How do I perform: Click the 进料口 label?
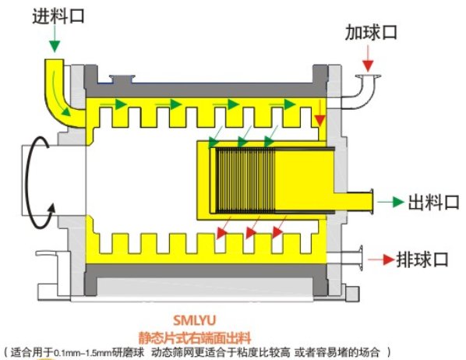tap(58, 16)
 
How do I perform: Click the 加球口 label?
tap(371, 33)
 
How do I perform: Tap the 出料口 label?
tap(433, 203)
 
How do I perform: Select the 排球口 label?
tap(422, 259)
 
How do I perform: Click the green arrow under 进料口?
tap(55, 39)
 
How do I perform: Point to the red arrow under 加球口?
tap(368, 58)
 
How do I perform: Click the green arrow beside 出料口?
tap(391, 202)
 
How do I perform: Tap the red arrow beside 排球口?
tap(381, 259)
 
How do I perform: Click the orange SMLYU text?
tap(194, 320)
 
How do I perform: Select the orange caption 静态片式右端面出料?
tap(195, 337)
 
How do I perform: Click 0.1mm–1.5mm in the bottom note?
tap(83, 353)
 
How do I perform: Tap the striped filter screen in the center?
tap(245, 180)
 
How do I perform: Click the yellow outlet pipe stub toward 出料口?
tap(353, 201)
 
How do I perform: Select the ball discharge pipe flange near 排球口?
tap(361, 258)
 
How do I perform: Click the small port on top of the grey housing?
tap(122, 79)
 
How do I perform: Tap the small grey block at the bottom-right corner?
tap(353, 294)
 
